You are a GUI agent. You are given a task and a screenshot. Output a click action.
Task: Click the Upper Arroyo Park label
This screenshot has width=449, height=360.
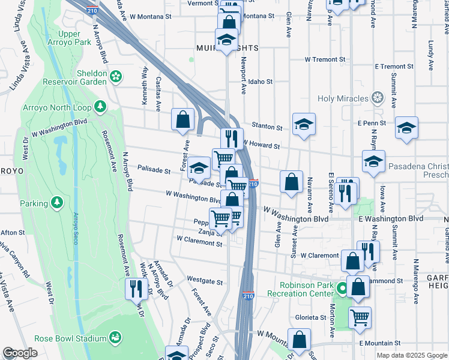tap(75, 38)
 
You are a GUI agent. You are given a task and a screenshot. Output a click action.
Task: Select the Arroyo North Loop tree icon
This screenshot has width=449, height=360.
tap(101, 107)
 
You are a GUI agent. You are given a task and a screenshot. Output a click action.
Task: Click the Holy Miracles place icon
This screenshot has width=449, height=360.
tap(377, 97)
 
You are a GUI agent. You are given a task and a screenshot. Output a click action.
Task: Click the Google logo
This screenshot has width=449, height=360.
tap(20, 353)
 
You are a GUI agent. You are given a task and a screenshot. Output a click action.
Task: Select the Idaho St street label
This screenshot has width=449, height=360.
tap(261, 82)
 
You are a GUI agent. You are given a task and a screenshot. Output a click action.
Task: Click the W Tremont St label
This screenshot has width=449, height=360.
tap(325, 60)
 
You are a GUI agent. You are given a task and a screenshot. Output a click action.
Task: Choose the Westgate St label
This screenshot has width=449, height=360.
tap(205, 281)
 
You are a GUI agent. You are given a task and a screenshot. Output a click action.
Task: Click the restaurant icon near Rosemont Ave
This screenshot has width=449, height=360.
tap(136, 288)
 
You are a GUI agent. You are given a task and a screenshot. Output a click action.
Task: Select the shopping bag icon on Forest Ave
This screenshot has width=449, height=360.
tap(182, 119)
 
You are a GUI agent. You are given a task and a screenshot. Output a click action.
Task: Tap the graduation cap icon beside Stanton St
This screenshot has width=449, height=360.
tap(304, 124)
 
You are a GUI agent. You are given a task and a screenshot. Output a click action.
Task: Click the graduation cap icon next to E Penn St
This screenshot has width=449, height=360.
tap(406, 127)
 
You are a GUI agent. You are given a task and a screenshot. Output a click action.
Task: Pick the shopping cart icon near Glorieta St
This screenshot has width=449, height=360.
tap(360, 317)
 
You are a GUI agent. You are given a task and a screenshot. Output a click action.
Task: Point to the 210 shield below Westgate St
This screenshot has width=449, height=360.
tap(248, 296)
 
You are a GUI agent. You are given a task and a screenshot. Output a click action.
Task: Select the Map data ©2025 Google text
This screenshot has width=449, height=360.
tap(411, 356)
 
